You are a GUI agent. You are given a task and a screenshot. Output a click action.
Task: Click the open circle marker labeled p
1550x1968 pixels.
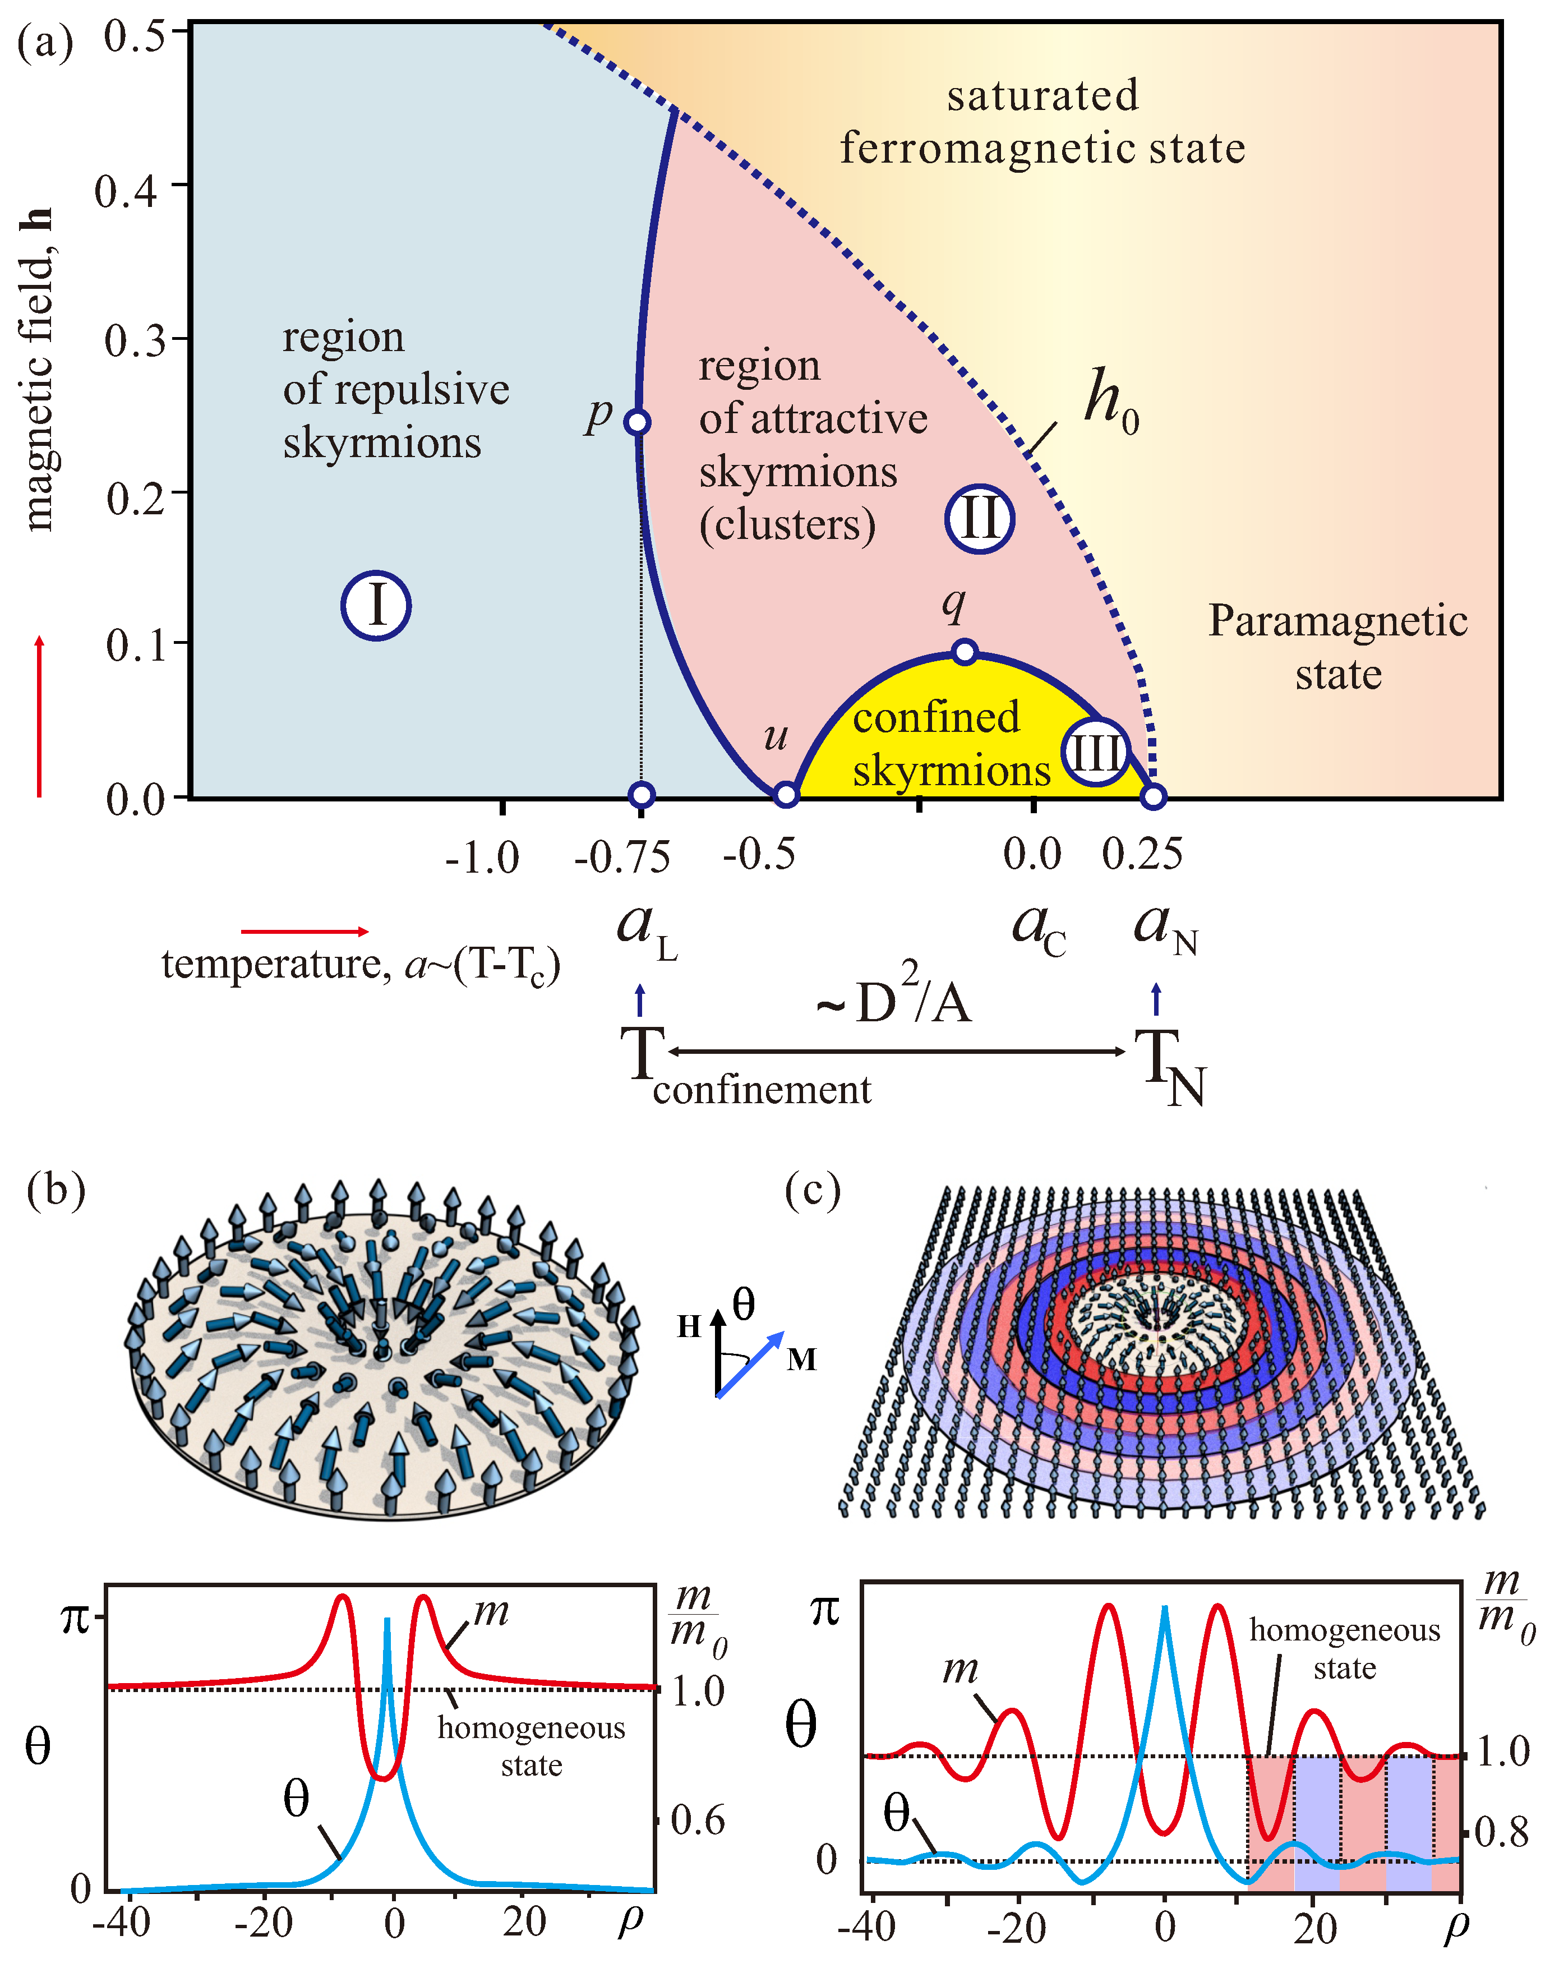coord(638,422)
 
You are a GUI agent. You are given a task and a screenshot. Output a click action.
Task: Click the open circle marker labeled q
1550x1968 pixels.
coord(965,652)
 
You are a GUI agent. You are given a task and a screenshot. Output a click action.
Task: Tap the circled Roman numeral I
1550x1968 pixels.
coord(376,605)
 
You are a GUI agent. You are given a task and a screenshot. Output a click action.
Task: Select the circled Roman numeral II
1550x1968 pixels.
coord(979,519)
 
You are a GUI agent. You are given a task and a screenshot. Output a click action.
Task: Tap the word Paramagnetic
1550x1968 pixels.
coord(1337,621)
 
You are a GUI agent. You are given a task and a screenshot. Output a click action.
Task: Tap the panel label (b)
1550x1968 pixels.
coord(56,1190)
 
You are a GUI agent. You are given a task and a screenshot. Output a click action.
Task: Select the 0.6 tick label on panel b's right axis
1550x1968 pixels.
coord(697,1820)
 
